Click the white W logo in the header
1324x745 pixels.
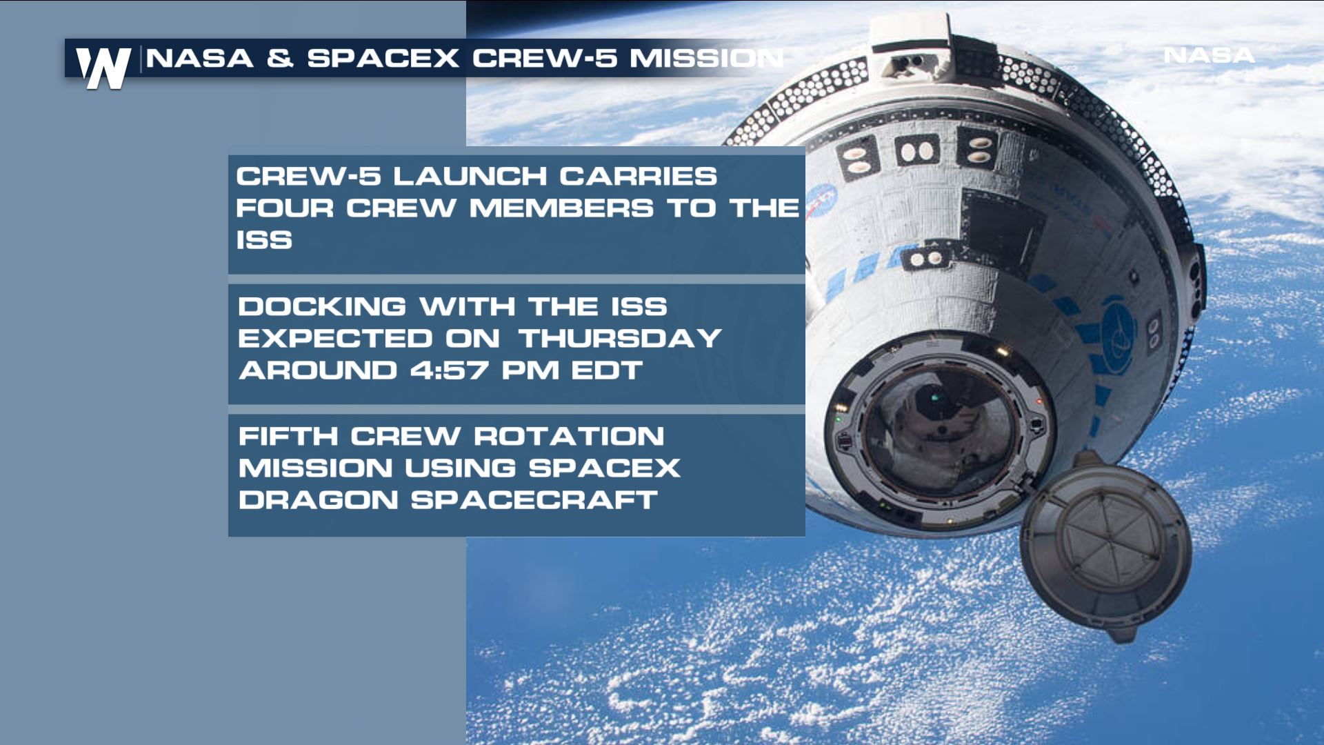(x=103, y=68)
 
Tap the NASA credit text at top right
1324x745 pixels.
(x=1209, y=55)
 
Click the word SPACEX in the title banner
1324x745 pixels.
(x=383, y=59)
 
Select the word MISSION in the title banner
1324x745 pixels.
(x=706, y=59)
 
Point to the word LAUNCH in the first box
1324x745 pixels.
(x=470, y=177)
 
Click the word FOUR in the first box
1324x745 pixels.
(x=285, y=208)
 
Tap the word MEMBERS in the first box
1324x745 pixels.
(x=561, y=208)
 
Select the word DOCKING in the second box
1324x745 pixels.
(x=322, y=307)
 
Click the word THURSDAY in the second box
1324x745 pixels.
(x=620, y=339)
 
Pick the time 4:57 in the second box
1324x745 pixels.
(x=450, y=370)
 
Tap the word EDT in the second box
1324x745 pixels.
(x=607, y=370)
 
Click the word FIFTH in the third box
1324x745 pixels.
(x=288, y=437)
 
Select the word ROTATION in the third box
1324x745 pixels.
(x=569, y=437)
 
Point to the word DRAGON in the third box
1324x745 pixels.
(x=319, y=500)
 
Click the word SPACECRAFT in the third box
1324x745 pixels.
(x=534, y=500)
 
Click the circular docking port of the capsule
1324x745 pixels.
(x=938, y=428)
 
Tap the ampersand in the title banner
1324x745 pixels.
(x=280, y=59)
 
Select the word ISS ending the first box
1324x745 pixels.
(x=264, y=241)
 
